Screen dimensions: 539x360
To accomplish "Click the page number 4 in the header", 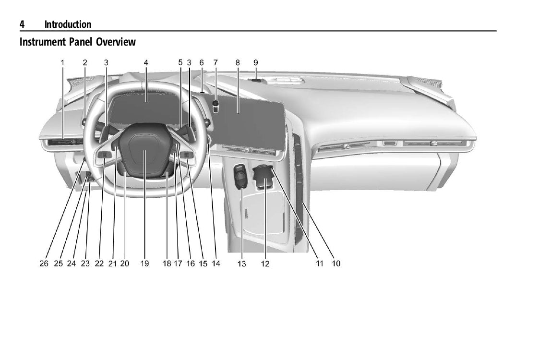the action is click(x=22, y=24).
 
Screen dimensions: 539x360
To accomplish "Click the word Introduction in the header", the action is click(x=68, y=24).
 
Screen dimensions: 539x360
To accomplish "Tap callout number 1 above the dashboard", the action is click(x=62, y=62).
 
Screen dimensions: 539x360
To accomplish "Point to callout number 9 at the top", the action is click(x=255, y=62).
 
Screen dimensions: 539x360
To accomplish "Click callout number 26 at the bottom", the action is click(x=44, y=264).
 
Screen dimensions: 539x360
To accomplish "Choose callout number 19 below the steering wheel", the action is click(x=145, y=264).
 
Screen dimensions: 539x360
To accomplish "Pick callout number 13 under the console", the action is click(x=241, y=264).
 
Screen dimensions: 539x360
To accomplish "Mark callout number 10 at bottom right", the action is click(x=336, y=264).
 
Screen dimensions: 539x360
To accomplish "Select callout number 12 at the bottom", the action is click(x=265, y=264).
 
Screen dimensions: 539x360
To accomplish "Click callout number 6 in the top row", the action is click(x=202, y=62).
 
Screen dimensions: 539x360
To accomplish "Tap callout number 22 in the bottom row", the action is click(x=99, y=264).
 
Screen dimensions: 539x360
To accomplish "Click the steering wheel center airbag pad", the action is click(x=144, y=151).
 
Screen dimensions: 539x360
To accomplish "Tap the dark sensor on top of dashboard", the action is click(x=256, y=81).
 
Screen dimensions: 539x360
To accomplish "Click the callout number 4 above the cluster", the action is click(x=146, y=62).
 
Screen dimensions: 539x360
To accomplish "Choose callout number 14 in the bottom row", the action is click(x=216, y=264).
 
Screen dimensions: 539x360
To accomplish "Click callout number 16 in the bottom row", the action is click(x=191, y=264).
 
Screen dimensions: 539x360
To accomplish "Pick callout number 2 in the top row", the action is click(x=85, y=62).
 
